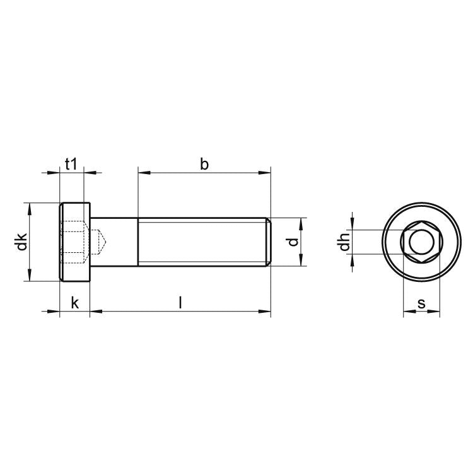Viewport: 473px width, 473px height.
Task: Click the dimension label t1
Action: [71, 164]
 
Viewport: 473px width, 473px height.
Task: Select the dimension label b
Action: [204, 164]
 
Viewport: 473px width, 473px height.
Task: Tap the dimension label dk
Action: [22, 242]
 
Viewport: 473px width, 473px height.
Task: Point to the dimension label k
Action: [74, 303]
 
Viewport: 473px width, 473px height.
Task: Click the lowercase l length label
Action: [180, 303]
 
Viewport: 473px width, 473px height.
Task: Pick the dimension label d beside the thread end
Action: [291, 242]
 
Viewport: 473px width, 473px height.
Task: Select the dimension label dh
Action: [344, 242]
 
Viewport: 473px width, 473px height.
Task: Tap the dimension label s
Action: [422, 303]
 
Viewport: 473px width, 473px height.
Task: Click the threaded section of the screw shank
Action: [202, 242]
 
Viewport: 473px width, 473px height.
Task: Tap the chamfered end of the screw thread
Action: [269, 242]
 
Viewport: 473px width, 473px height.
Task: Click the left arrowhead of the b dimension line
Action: [141, 172]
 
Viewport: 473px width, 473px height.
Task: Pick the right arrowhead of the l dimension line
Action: [267, 311]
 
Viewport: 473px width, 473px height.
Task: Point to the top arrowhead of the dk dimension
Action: [29, 207]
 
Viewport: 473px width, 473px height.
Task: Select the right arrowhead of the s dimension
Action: [436, 311]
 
